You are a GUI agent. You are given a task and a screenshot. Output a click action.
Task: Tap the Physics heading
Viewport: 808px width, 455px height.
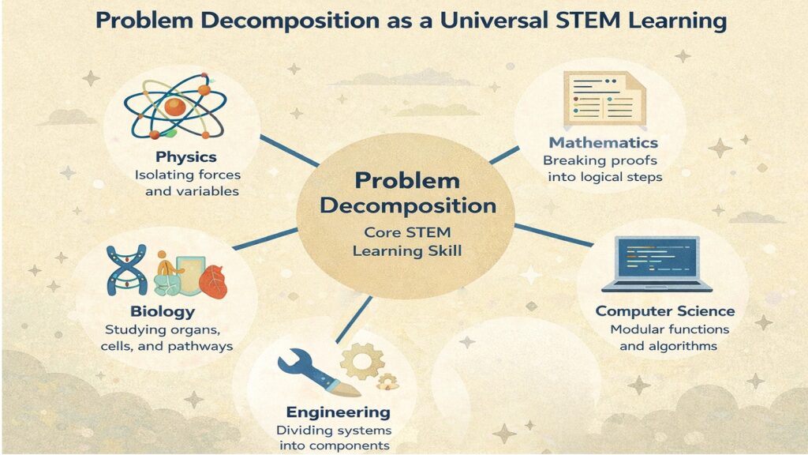click(186, 156)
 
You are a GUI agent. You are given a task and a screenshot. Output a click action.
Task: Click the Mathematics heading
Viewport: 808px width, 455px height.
click(604, 143)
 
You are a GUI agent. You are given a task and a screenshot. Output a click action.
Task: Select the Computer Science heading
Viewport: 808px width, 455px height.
click(665, 311)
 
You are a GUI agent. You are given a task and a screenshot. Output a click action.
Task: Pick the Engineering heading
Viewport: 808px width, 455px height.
click(338, 412)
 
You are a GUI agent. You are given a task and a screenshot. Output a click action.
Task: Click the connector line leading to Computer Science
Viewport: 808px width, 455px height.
click(554, 235)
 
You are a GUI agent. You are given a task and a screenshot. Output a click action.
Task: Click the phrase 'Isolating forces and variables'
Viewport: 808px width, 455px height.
click(187, 182)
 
